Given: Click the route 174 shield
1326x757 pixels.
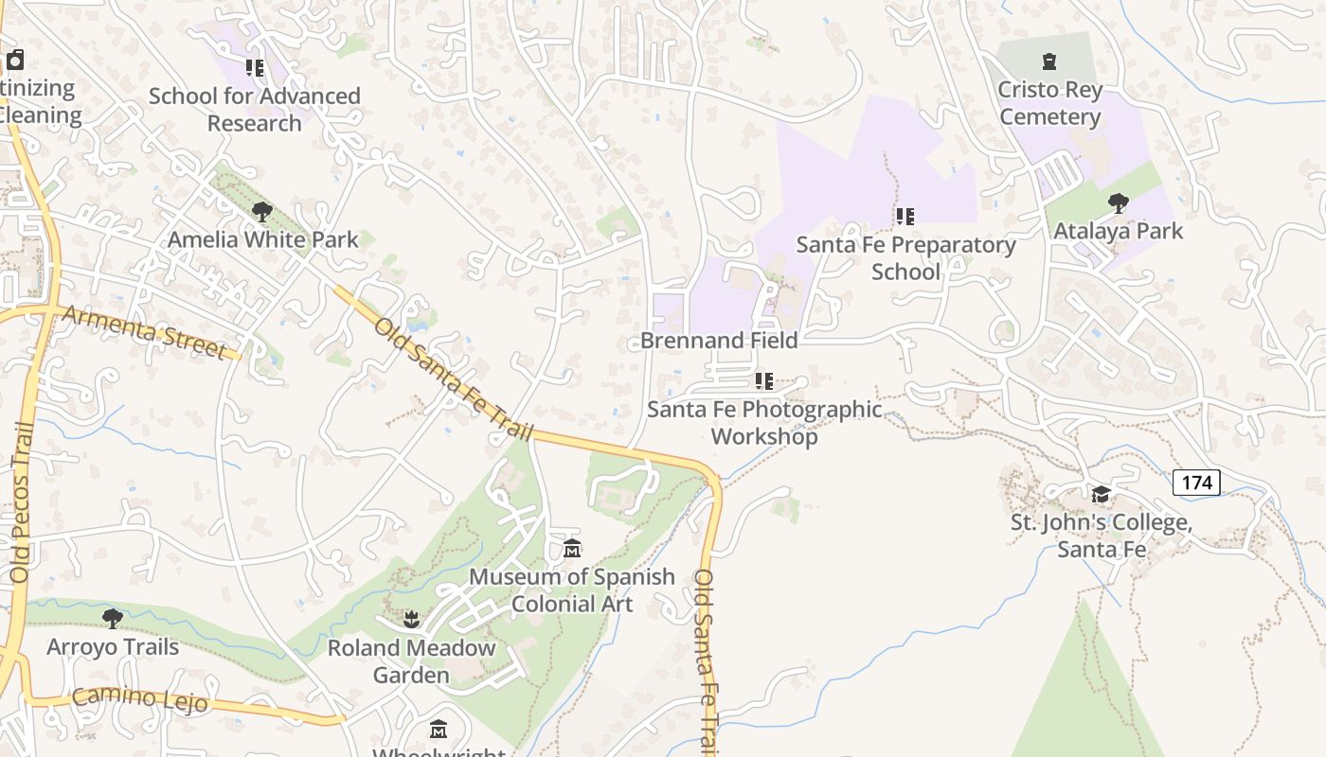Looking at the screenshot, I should [x=1196, y=483].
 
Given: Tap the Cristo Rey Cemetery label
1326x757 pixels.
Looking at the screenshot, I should [x=1049, y=103].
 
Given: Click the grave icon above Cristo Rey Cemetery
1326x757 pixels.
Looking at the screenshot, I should [x=1048, y=62].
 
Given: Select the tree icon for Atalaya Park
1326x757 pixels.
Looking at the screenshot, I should [x=1118, y=202].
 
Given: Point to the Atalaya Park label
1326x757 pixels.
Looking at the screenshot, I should [x=1118, y=231].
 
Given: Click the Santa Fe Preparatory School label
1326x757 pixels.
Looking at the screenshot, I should [x=905, y=257].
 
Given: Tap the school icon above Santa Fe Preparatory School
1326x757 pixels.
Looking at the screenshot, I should [x=905, y=217].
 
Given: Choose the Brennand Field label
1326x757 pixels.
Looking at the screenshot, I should [x=719, y=340].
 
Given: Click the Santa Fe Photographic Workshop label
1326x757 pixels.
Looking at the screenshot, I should [x=764, y=423].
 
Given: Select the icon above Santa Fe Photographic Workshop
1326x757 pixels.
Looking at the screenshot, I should [x=763, y=381].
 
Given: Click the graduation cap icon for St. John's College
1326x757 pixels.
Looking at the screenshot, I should [x=1101, y=495].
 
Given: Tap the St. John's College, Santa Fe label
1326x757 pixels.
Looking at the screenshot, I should [x=1101, y=536].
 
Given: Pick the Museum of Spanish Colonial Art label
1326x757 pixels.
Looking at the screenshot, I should [x=572, y=590].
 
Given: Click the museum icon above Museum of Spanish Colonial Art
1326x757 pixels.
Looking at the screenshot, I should [x=572, y=549].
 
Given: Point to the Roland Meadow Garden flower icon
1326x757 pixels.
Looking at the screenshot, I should [x=411, y=620].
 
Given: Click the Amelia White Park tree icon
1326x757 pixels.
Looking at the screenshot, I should [x=262, y=212].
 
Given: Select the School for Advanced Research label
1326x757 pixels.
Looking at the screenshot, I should [x=255, y=109].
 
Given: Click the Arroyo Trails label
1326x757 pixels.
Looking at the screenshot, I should [x=113, y=647].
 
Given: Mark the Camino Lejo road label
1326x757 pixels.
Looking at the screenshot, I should [x=139, y=699].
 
